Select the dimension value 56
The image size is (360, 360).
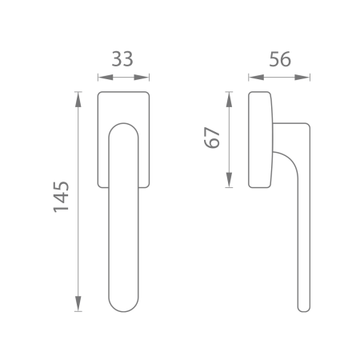coord(279,60)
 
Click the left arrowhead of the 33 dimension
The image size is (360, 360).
coord(101,78)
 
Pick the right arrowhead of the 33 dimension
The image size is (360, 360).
coord(146,78)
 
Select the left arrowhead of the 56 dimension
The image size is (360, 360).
coord(253,78)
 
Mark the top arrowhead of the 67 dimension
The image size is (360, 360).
coord(230,97)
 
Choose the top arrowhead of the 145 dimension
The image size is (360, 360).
coord(78,97)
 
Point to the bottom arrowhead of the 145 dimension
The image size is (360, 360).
coord(78,306)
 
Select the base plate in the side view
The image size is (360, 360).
coord(258,140)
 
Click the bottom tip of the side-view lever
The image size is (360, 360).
coord(302,310)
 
